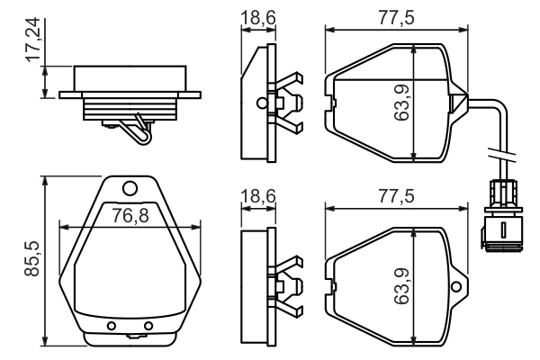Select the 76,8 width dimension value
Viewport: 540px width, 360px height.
130,216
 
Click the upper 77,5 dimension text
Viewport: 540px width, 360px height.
396,19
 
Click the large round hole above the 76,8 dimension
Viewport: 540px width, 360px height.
130,188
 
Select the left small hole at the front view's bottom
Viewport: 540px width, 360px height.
112,325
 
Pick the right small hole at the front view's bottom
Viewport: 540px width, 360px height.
149,325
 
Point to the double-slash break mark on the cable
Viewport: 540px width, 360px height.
499,150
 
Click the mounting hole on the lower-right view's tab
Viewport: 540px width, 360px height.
457,287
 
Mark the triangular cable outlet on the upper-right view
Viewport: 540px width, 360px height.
458,102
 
